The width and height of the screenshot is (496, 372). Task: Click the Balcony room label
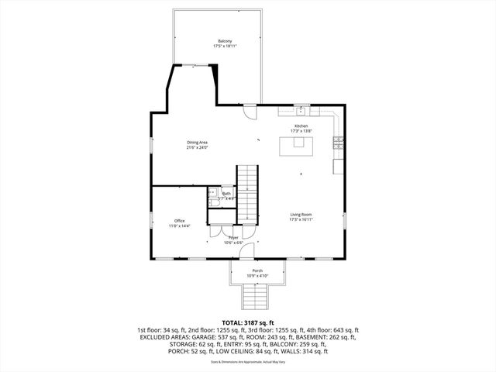tap(224, 41)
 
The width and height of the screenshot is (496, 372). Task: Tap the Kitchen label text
tap(300, 126)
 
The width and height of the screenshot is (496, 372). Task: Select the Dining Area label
tap(197, 142)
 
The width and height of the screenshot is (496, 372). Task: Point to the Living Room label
tap(301, 215)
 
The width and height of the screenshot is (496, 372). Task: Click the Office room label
tap(180, 221)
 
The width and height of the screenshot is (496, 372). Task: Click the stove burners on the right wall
tap(338, 141)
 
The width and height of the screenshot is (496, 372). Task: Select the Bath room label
tap(226, 194)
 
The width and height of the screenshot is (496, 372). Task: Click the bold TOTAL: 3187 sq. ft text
tap(248, 322)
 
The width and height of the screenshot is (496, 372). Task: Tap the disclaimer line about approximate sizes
tap(248, 362)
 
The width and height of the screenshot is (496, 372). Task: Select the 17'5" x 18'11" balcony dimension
tap(224, 46)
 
